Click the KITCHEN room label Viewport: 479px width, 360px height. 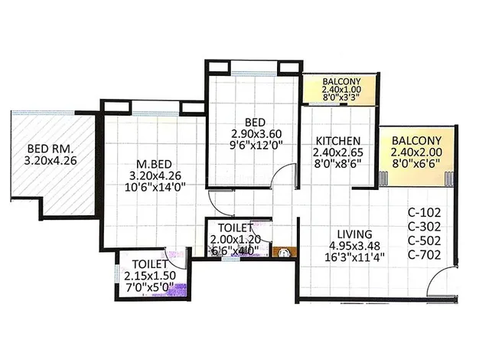tap(338, 141)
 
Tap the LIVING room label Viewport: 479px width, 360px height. tap(355, 234)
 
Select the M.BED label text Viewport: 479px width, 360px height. tap(154, 164)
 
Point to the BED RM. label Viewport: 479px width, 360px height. tap(51, 149)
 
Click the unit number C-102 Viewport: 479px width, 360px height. tap(425, 212)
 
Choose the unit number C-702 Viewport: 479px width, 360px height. tap(425, 254)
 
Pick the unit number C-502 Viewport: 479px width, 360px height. tap(425, 241)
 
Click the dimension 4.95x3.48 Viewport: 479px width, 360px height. tap(355, 246)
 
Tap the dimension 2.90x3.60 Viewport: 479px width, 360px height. tap(256, 134)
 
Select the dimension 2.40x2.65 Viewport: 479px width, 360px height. tap(338, 152)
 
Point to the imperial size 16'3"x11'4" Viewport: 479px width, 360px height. tap(355, 257)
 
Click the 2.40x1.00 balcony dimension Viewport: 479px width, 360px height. tap(341, 90)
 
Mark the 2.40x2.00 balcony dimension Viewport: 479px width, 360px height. tap(416, 152)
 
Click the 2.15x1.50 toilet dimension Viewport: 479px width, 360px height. tap(150, 276)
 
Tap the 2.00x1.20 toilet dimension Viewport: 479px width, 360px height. tap(235, 239)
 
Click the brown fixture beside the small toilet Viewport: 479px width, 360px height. tap(284, 252)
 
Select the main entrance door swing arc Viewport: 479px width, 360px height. tap(438, 273)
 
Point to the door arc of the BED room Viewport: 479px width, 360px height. tap(279, 172)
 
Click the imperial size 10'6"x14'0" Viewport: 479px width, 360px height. tap(155, 187)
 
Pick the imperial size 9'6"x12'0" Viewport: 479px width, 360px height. tap(256, 145)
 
